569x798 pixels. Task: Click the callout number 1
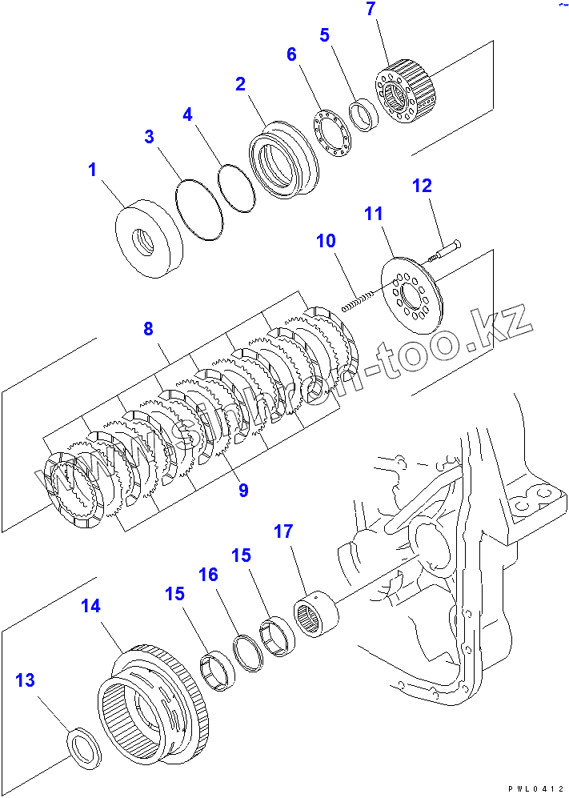coord(92,170)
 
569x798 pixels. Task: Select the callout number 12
coord(422,186)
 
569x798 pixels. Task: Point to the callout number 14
coord(91,606)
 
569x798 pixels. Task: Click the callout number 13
coord(26,680)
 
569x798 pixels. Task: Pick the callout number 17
coord(283,531)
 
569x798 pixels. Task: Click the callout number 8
coord(149,328)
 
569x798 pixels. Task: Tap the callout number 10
coord(326,241)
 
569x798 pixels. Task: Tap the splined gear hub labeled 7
coord(404,93)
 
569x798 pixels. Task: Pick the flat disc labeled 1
coord(149,239)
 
